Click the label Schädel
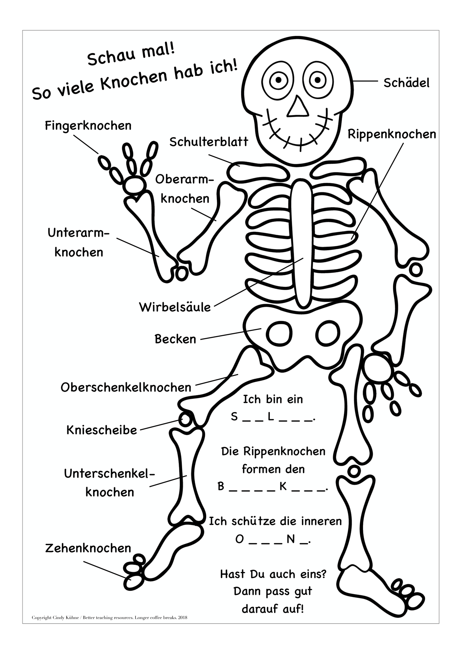[x=406, y=83]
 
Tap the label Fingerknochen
[x=88, y=126]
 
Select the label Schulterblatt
[x=209, y=142]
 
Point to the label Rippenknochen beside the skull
[x=392, y=134]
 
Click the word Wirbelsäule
[x=175, y=307]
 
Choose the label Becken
[x=175, y=339]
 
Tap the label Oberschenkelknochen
[x=126, y=387]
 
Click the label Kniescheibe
[x=102, y=430]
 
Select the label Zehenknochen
[x=88, y=548]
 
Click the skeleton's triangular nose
[x=298, y=107]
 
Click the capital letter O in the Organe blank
[x=239, y=539]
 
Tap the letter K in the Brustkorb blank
[x=283, y=487]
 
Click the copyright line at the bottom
[x=109, y=617]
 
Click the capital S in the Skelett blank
[x=234, y=417]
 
